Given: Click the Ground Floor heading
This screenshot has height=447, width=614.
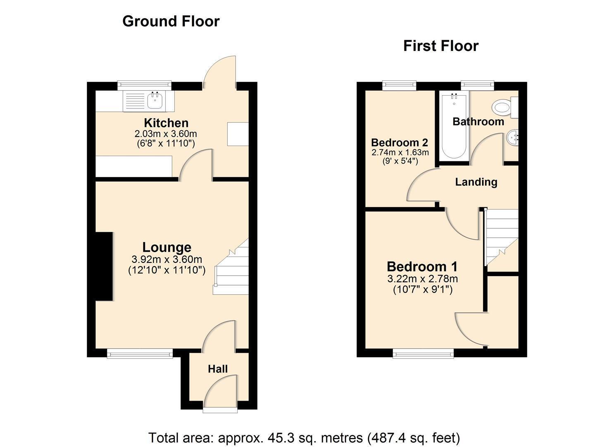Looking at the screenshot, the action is (171, 22).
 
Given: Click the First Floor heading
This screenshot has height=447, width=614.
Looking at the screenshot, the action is (441, 46).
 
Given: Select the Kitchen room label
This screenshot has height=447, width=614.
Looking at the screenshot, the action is (166, 123).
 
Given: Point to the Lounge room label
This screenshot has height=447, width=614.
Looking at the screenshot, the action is (167, 247).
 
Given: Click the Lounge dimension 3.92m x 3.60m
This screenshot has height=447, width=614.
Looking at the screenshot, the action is (167, 259).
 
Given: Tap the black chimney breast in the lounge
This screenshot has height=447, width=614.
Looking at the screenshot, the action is (104, 266).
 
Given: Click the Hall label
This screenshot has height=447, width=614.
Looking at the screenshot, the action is (217, 369).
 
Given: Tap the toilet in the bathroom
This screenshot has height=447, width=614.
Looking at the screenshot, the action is (504, 108).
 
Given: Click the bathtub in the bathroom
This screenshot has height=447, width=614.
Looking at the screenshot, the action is (454, 126).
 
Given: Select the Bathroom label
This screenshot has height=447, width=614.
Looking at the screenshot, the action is (478, 122).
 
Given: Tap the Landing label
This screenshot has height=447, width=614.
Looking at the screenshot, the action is (476, 182).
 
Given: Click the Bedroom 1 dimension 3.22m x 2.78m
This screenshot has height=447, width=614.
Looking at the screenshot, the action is (423, 279).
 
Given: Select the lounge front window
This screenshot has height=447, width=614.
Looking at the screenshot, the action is (140, 354).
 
